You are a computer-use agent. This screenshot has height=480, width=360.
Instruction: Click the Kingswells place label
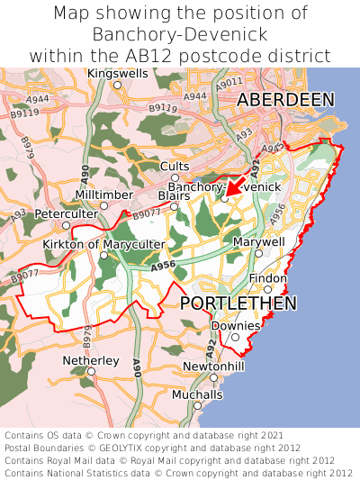click(x=117, y=73)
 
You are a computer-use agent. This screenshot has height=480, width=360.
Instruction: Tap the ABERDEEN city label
click(x=285, y=100)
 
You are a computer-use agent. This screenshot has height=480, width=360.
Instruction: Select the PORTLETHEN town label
click(x=238, y=303)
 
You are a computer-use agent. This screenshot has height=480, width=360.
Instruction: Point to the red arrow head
click(x=228, y=191)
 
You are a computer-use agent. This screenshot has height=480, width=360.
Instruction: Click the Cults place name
click(x=175, y=166)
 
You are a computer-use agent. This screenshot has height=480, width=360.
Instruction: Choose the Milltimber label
click(x=103, y=195)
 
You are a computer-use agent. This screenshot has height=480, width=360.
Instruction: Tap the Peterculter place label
click(x=66, y=213)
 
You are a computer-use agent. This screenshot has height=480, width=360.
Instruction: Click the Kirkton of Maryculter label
click(x=103, y=244)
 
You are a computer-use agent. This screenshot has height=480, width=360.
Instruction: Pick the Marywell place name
click(x=258, y=242)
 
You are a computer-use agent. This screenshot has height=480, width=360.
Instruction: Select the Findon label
click(x=267, y=278)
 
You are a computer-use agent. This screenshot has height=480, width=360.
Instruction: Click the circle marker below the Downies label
click(x=235, y=338)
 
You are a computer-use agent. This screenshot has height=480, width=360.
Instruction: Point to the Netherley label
click(x=91, y=360)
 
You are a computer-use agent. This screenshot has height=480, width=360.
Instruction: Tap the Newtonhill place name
click(x=212, y=367)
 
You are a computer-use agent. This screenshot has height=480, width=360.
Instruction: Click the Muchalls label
click(x=196, y=394)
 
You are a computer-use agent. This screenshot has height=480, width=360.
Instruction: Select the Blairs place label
click(x=174, y=195)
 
